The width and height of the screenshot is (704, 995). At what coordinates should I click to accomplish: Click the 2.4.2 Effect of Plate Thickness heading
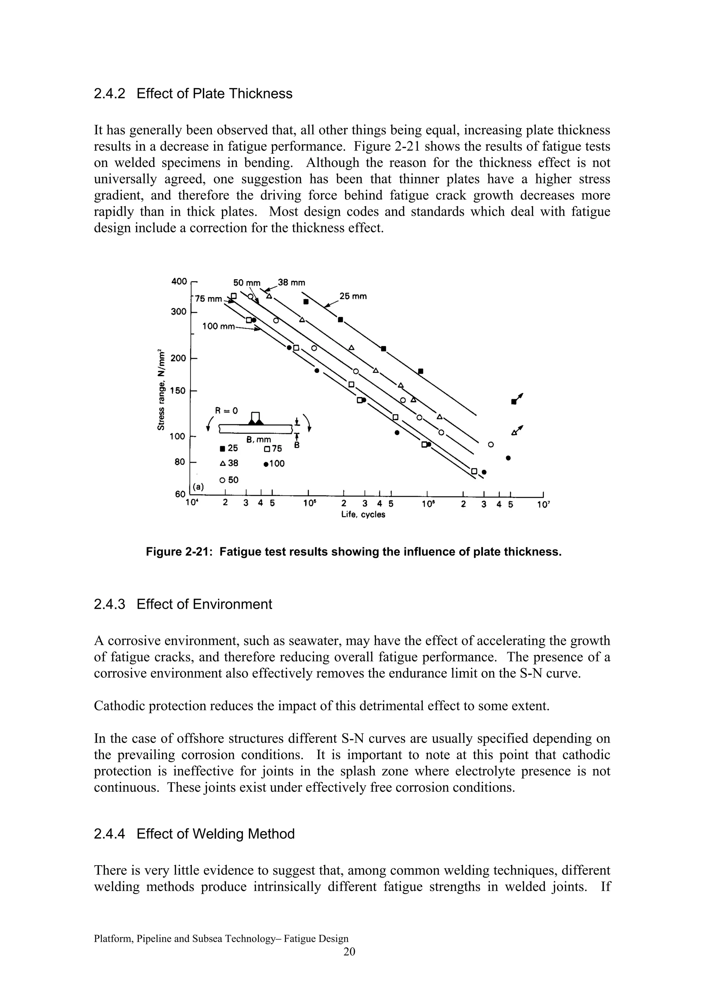click(x=193, y=94)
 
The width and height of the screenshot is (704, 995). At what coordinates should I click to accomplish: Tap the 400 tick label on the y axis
click(x=179, y=282)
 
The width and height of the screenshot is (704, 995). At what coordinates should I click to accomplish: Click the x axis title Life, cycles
click(x=363, y=514)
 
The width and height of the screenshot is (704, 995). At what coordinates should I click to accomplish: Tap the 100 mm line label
click(x=219, y=326)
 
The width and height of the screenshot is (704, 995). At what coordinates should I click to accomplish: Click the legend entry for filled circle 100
click(x=274, y=464)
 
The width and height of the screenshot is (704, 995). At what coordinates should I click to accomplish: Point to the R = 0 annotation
click(x=227, y=410)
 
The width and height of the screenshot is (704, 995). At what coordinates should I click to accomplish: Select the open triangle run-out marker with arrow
click(x=517, y=430)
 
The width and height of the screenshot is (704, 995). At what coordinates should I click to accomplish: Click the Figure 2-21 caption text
click(x=353, y=552)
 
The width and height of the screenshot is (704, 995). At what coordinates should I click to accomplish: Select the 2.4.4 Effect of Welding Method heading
click(x=194, y=834)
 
